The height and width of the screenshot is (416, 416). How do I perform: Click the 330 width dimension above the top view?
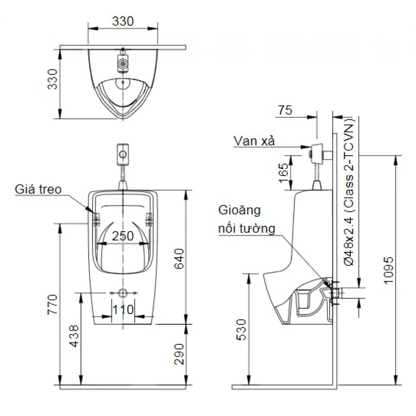(123, 21)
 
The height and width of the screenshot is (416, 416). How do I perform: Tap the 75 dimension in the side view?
(285, 110)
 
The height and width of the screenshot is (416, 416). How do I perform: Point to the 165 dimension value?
(283, 173)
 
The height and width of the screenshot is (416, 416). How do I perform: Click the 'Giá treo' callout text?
(38, 189)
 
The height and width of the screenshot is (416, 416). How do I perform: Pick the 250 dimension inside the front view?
(123, 236)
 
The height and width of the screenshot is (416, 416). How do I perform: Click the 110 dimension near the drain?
(123, 309)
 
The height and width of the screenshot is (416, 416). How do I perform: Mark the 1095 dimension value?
(389, 270)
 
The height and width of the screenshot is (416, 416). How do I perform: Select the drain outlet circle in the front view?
(123, 293)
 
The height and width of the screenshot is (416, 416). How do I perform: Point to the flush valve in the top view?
(123, 63)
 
